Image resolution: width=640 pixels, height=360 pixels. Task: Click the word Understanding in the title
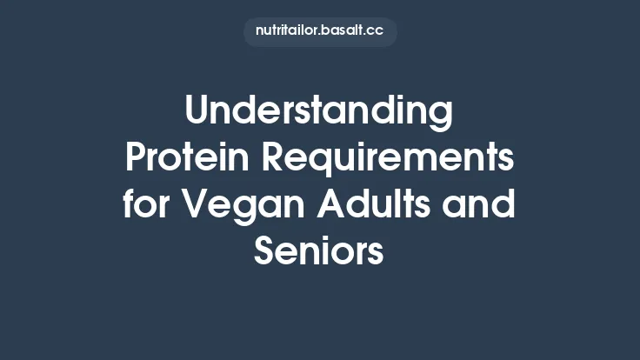[x=320, y=112]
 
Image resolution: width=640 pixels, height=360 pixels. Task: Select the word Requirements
[x=389, y=159]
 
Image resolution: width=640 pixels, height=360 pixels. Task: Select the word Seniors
[x=320, y=252]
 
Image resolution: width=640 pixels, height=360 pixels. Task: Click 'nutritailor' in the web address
[x=286, y=30]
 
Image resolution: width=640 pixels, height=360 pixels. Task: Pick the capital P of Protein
[x=137, y=159]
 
